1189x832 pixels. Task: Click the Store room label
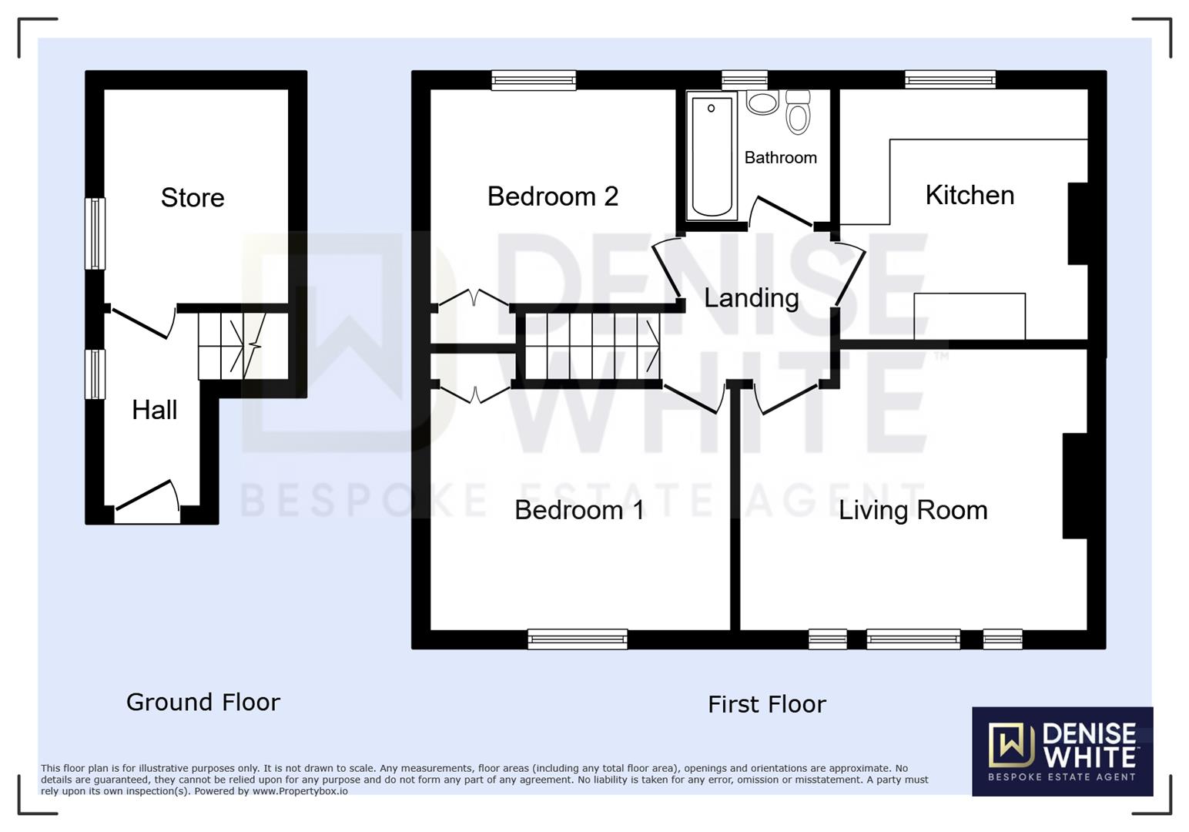193,198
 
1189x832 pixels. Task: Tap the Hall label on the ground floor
154,410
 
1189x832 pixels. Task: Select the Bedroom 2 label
552,196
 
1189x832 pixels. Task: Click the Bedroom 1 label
579,510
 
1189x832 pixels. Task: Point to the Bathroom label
780,158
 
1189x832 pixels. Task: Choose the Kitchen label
970,196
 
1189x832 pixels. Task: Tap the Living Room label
913,510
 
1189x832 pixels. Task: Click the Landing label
751,298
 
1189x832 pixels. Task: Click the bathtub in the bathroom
712,156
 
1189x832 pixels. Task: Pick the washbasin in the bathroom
762,102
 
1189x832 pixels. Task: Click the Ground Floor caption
203,702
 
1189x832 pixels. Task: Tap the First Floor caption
766,704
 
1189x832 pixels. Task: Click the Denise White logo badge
1062,751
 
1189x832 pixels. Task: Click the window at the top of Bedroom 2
534,80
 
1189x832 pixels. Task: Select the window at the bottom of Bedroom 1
578,639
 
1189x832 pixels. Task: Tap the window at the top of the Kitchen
950,80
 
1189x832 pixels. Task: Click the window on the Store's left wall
95,233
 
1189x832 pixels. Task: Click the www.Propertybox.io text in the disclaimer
300,791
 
